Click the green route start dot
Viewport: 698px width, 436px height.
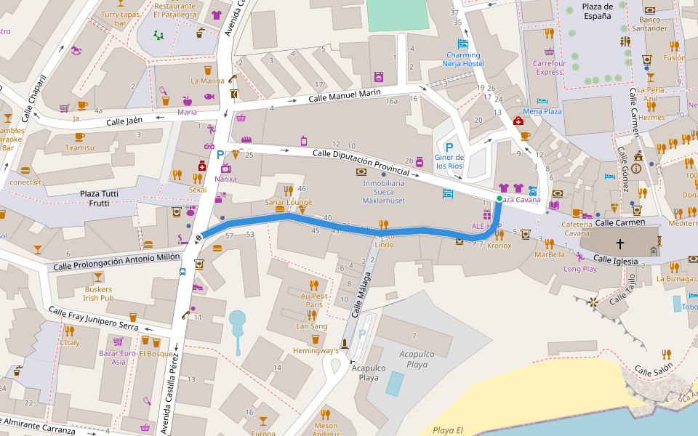tap(499, 198)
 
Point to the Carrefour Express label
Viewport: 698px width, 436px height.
tap(549, 68)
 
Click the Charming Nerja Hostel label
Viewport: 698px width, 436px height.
tap(463, 59)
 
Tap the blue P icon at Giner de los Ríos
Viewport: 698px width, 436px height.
tap(449, 147)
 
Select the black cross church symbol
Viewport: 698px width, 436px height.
tap(619, 244)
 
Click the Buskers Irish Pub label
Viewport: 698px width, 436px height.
tap(98, 294)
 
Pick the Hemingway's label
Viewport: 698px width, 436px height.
tap(316, 350)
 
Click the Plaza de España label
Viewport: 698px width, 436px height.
tap(597, 11)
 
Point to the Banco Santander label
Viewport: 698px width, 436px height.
tap(649, 24)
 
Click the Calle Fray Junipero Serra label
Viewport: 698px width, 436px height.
tap(93, 319)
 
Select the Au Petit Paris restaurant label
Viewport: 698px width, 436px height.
tap(314, 300)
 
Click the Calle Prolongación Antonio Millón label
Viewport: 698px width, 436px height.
tap(117, 262)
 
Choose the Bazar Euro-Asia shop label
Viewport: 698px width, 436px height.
tap(117, 358)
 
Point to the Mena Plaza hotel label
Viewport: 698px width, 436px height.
tap(542, 111)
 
